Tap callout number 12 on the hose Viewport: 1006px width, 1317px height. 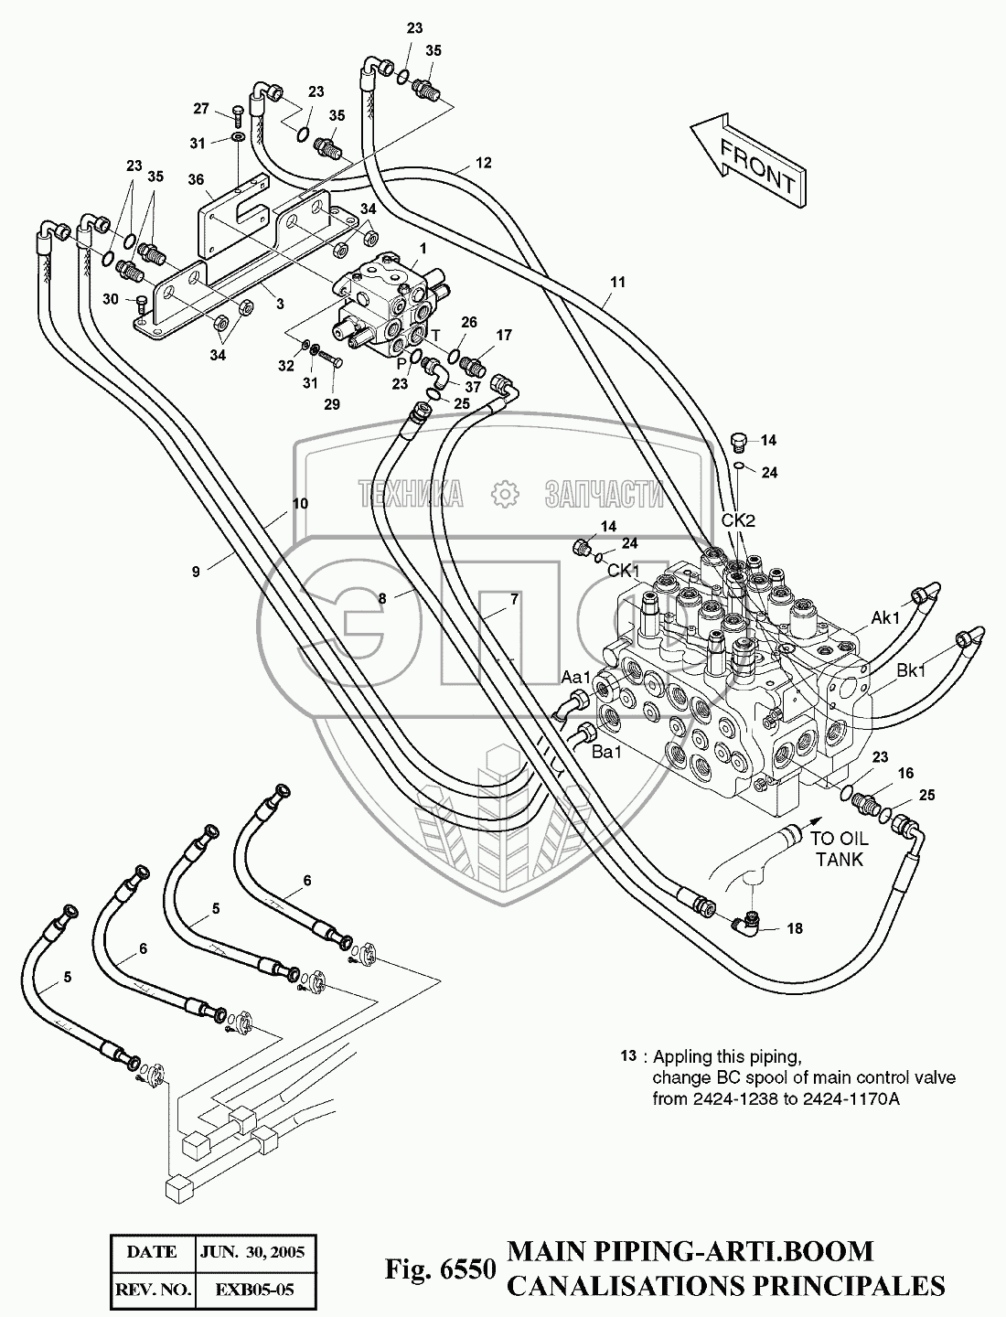tap(484, 164)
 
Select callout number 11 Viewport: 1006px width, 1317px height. tap(617, 283)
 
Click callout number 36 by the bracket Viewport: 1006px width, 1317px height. tap(196, 181)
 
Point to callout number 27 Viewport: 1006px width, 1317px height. tap(201, 110)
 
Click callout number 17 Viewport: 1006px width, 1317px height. tap(504, 334)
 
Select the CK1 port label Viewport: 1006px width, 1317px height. tap(623, 570)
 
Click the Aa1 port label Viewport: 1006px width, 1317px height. tap(576, 676)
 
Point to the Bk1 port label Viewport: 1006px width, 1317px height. tap(912, 671)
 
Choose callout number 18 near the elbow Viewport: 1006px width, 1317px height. tap(794, 928)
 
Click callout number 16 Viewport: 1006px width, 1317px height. tap(905, 774)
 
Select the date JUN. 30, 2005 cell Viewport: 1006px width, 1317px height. tap(252, 1250)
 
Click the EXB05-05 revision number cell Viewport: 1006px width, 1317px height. tap(252, 1290)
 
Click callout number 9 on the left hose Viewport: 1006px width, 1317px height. tap(196, 572)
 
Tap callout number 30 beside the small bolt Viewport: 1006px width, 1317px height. tap(110, 300)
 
